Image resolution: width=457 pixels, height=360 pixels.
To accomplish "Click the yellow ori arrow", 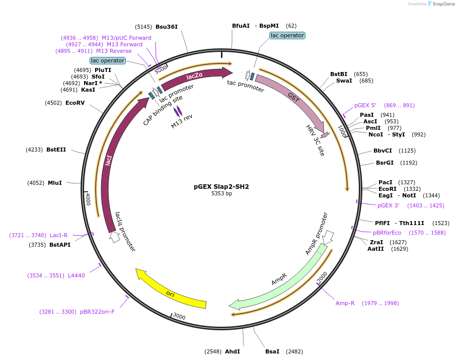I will click(x=171, y=292).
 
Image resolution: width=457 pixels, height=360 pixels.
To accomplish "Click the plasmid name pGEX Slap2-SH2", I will click(x=221, y=186).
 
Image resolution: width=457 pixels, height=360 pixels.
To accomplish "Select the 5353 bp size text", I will click(x=221, y=193).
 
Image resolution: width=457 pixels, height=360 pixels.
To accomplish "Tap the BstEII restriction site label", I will click(x=56, y=150).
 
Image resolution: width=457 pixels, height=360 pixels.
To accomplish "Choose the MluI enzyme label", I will click(x=55, y=183).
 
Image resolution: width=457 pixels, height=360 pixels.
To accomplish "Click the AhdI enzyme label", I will click(x=233, y=351).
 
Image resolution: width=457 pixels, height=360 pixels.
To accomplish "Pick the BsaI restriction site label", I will click(x=272, y=351).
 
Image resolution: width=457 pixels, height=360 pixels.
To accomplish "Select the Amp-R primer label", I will click(x=345, y=303).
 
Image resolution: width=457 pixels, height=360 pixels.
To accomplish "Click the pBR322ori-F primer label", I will click(x=97, y=312).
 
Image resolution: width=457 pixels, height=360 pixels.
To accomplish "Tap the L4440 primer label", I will click(x=77, y=275).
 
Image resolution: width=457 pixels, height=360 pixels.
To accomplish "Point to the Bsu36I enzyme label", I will click(x=167, y=27).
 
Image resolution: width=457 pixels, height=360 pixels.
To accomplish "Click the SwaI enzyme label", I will click(x=344, y=81).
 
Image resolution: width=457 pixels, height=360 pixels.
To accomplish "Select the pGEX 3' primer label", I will click(x=388, y=205).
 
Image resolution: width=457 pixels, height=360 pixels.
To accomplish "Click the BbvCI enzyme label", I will click(x=383, y=151).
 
